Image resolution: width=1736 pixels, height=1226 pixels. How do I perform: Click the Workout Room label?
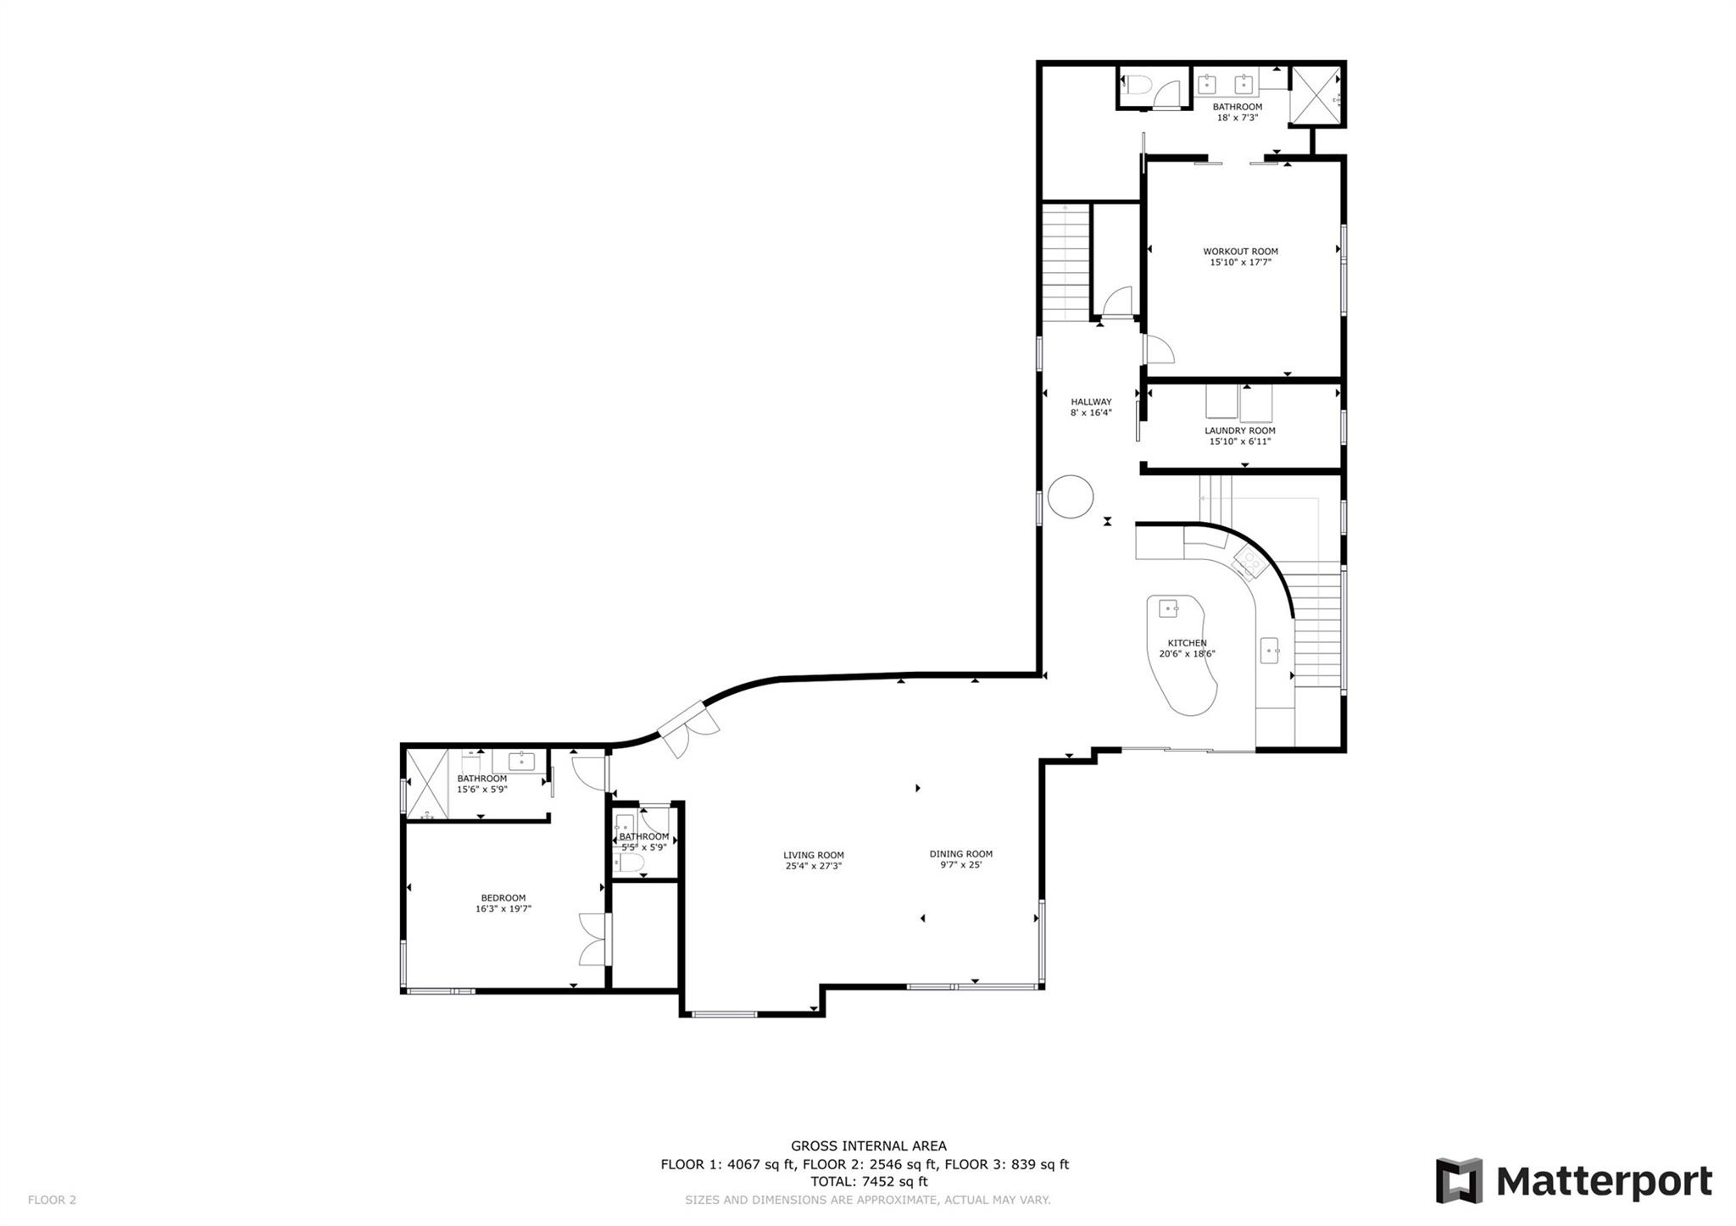(1240, 252)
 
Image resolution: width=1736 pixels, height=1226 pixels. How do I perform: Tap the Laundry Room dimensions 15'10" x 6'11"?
(1240, 441)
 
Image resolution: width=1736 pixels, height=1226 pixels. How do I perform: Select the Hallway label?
(1091, 402)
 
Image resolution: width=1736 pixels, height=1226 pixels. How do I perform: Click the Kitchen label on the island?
(1187, 643)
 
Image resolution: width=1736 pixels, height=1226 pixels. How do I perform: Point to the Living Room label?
(813, 855)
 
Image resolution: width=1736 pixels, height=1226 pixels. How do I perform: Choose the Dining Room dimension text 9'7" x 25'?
(960, 865)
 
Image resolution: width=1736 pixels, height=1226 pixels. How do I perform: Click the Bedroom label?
(503, 898)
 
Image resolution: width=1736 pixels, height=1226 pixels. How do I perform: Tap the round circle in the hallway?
(1070, 497)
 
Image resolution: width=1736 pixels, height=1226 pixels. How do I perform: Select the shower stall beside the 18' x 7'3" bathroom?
(1314, 96)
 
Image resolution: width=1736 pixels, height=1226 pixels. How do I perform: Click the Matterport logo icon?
(1458, 1179)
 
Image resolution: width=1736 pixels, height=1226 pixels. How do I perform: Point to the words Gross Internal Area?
(868, 1146)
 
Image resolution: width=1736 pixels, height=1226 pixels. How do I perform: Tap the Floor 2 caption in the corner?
(52, 1200)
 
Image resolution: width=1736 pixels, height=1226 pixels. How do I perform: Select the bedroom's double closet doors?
(593, 940)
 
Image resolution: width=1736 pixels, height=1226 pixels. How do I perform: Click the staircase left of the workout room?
(1066, 262)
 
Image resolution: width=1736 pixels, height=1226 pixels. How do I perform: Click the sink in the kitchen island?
(1169, 608)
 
